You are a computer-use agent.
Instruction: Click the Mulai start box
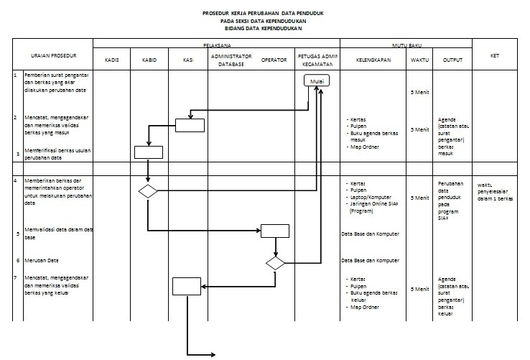click(x=316, y=82)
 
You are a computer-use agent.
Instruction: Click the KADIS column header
click(x=111, y=60)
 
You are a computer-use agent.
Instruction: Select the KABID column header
click(x=149, y=60)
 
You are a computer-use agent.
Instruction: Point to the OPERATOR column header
click(x=274, y=60)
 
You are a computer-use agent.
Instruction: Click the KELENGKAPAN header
click(x=373, y=60)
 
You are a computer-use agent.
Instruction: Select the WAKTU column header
click(x=419, y=60)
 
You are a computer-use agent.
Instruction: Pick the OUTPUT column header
click(x=452, y=60)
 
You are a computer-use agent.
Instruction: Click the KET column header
click(x=494, y=55)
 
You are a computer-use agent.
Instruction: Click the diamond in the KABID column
click(x=148, y=190)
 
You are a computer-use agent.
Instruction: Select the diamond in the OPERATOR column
click(x=275, y=263)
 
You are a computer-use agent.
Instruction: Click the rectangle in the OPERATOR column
click(x=274, y=231)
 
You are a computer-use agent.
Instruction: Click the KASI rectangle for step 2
click(x=190, y=125)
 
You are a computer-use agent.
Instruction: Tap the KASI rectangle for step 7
click(x=187, y=286)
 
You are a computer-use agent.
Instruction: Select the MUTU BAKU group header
click(x=406, y=45)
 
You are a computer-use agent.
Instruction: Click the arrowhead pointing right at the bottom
click(x=213, y=354)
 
